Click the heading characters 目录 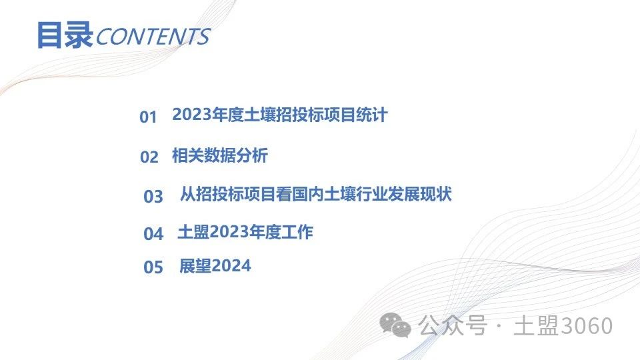65,35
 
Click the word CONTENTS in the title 153,36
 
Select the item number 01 148,117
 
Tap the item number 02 149,157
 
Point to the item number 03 153,196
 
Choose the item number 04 153,234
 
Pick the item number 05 153,267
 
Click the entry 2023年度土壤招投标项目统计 279,115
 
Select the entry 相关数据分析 219,155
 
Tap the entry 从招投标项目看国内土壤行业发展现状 316,194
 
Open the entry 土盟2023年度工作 245,232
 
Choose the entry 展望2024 215,266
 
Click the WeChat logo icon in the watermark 395,325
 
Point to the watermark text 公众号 453,326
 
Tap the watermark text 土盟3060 563,326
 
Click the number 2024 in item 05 231,266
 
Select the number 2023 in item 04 229,232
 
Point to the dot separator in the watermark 499,326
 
